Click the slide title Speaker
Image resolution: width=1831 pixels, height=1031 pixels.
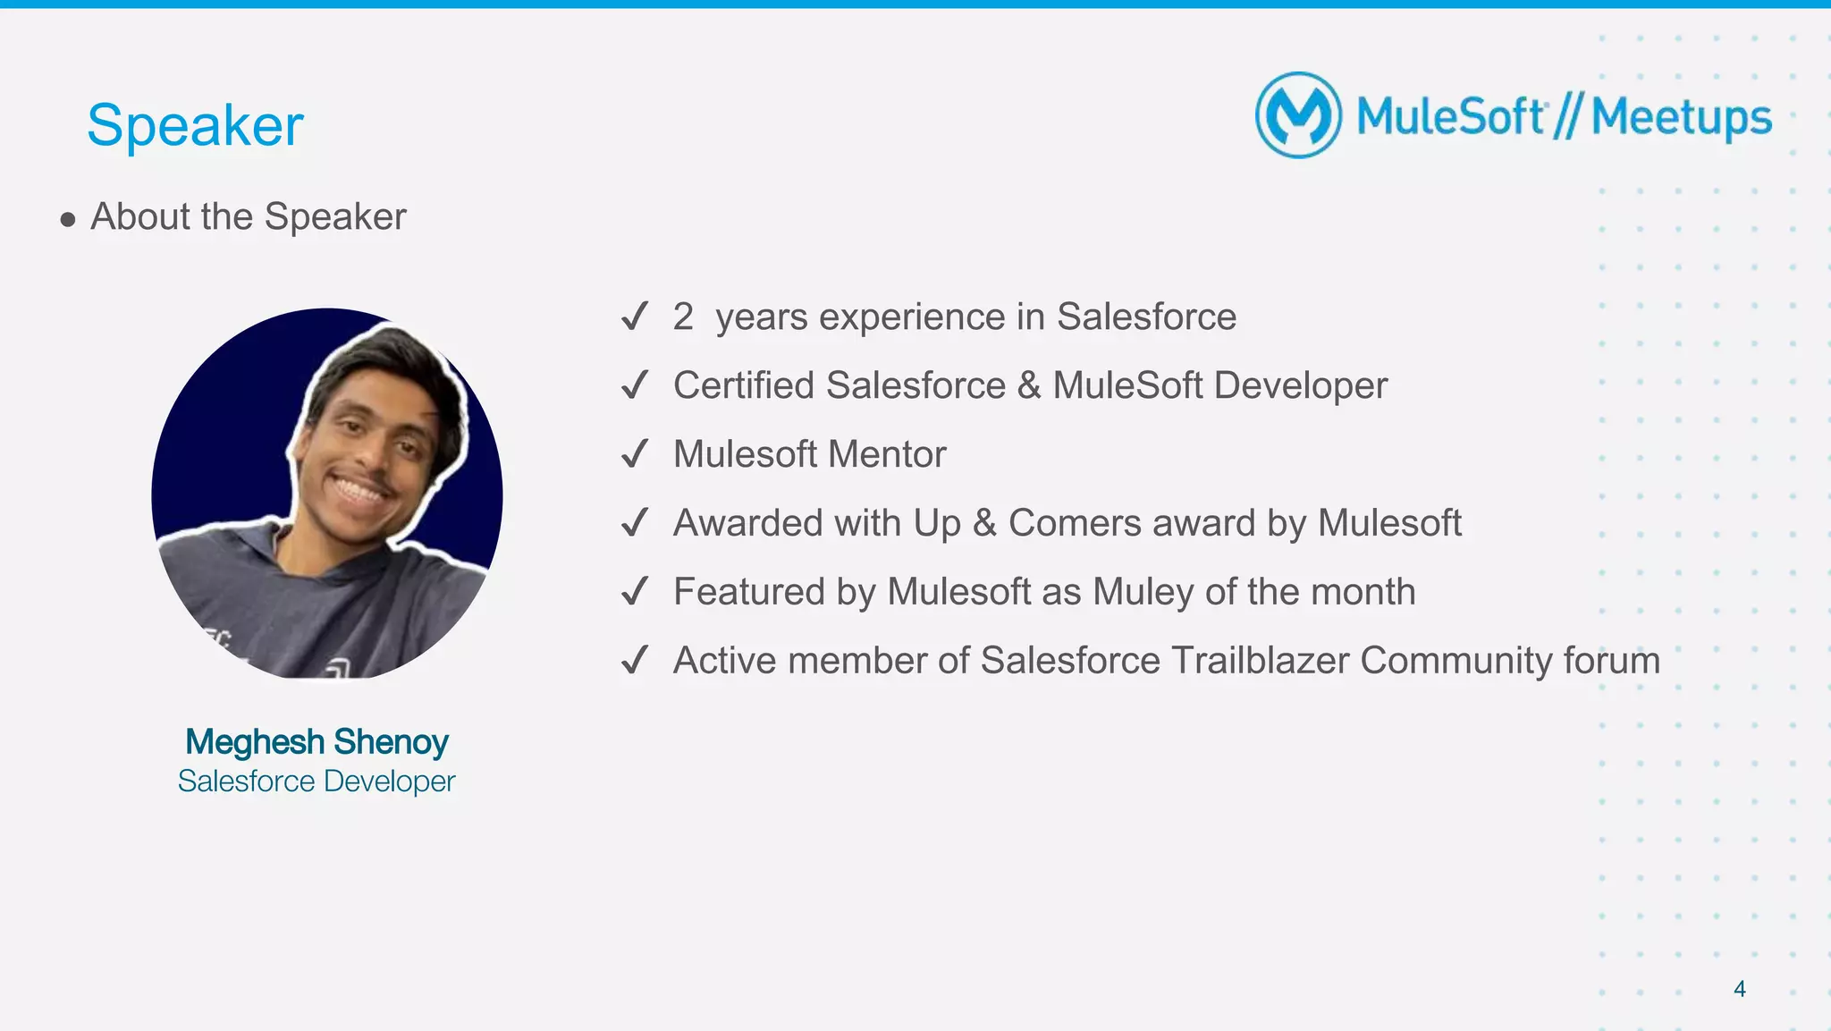click(195, 125)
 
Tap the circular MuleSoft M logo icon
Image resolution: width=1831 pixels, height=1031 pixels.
click(1298, 115)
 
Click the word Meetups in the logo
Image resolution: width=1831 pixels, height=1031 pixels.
click(1681, 118)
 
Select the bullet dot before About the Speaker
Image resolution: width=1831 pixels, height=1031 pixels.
click(68, 219)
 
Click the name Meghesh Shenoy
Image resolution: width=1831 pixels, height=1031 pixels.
click(316, 741)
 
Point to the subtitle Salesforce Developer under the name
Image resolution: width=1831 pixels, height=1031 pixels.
click(316, 782)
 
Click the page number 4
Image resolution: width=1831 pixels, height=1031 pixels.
click(1739, 988)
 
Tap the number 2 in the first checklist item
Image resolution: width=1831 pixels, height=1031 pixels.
click(683, 317)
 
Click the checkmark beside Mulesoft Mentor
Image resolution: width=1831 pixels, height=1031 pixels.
click(634, 454)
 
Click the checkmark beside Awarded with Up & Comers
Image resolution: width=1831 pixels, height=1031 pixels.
click(634, 523)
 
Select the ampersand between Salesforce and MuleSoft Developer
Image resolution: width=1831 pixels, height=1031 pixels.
click(1029, 385)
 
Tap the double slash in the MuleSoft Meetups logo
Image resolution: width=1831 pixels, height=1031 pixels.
click(1567, 118)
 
